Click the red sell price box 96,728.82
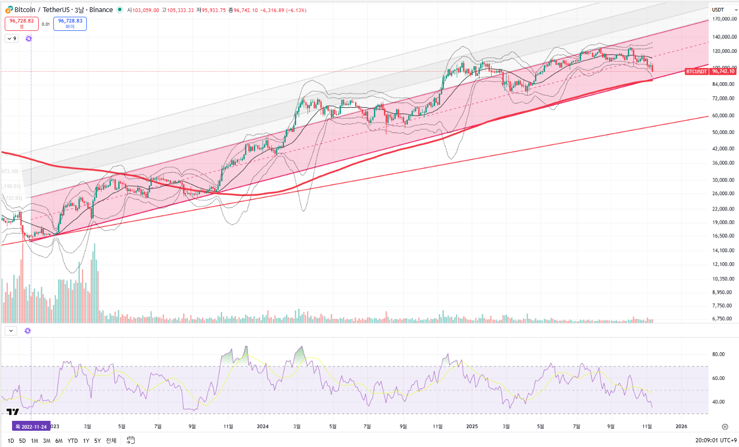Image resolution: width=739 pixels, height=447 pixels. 21,24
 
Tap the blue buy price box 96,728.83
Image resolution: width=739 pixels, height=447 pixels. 70,24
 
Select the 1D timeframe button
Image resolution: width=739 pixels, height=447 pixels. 10,441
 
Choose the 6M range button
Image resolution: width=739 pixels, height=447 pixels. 59,441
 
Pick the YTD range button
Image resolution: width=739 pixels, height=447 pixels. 73,441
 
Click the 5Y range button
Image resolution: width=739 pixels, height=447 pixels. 97,441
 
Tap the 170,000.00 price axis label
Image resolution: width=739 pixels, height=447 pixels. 724,19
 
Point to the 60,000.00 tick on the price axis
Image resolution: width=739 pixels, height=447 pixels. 723,116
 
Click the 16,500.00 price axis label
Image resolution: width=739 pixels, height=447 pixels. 723,236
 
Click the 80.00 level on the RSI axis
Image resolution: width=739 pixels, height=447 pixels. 718,354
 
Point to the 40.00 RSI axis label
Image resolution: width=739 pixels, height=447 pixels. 718,402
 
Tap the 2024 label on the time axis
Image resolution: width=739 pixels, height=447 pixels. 263,427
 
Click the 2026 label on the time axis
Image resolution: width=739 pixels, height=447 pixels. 681,427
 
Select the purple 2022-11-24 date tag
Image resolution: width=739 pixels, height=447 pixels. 31,427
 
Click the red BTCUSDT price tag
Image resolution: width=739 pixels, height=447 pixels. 697,71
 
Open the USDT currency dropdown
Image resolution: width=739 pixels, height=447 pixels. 724,10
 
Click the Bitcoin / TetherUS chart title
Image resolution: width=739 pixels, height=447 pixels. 63,10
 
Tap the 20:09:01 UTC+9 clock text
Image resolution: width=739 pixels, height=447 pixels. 716,441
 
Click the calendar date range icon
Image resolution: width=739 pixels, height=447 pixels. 131,440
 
